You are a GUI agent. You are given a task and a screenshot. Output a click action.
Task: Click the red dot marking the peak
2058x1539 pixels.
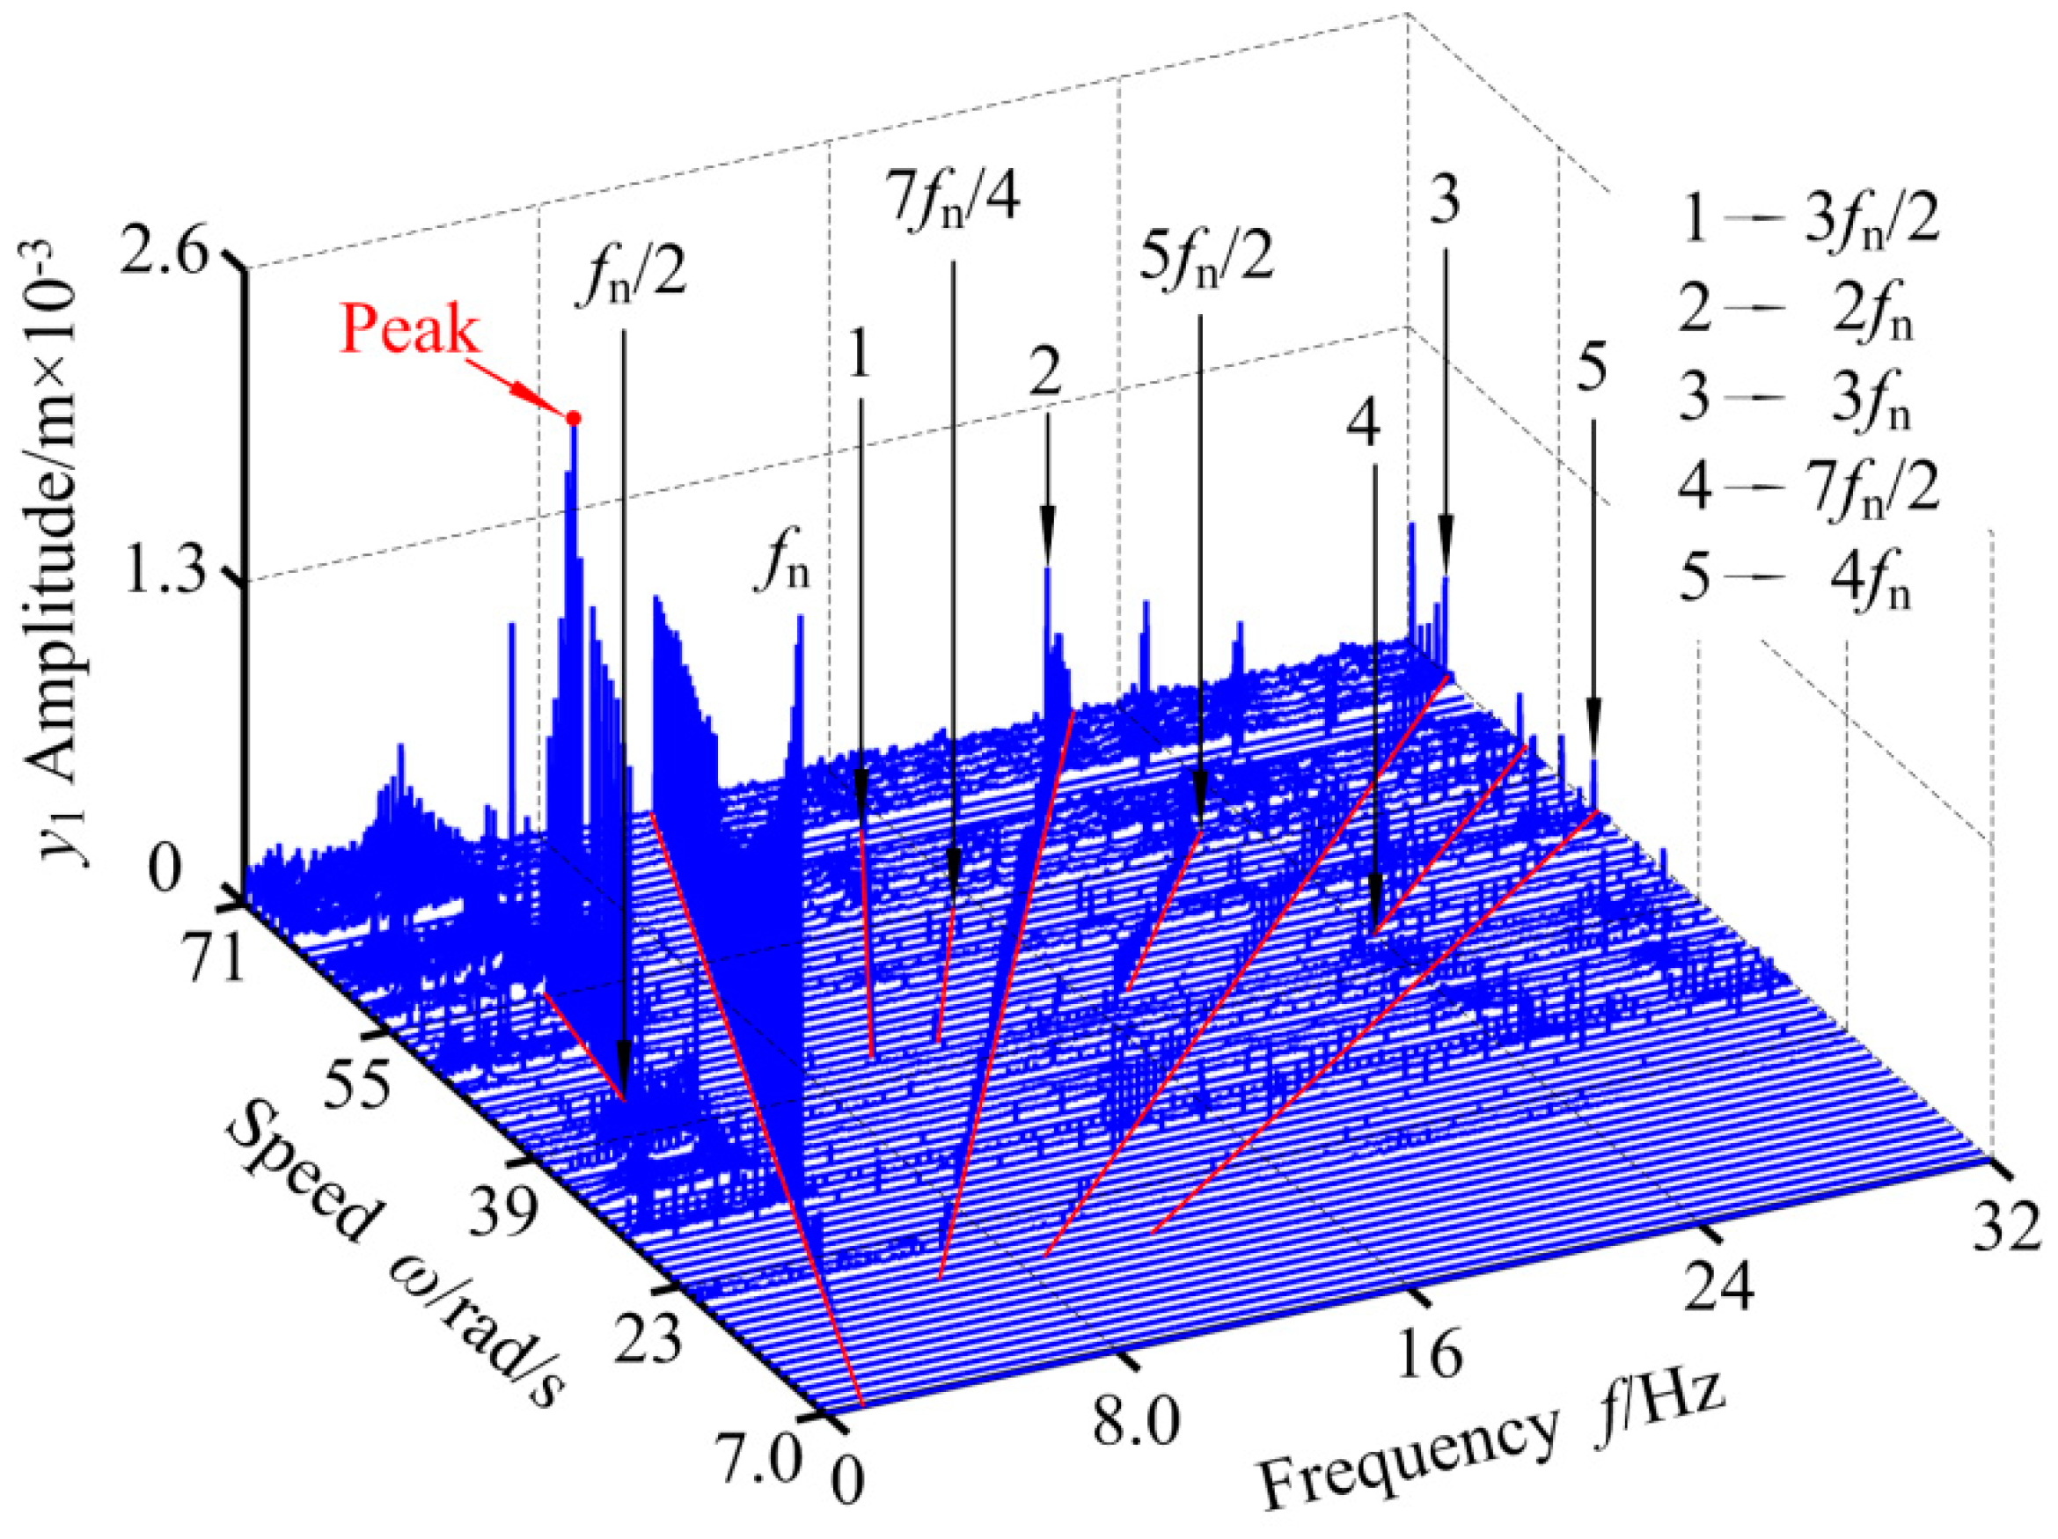click(x=574, y=419)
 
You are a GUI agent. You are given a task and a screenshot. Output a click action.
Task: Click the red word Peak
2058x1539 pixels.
click(x=409, y=329)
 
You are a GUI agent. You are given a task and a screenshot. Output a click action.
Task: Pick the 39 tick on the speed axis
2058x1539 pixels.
click(x=502, y=1213)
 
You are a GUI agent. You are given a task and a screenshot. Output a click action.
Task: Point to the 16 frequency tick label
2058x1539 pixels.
click(x=1428, y=1354)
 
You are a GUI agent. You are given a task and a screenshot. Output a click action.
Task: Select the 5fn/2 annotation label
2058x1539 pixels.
click(x=1205, y=259)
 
